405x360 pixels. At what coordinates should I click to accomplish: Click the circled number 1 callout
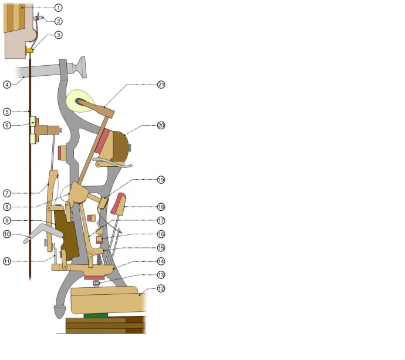point(58,8)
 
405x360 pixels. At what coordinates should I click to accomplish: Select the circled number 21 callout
point(161,85)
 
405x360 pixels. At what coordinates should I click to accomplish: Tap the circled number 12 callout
point(161,288)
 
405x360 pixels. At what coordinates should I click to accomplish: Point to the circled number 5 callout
point(7,112)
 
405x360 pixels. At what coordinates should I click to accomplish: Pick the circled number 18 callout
point(161,207)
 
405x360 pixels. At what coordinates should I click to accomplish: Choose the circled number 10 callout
point(7,234)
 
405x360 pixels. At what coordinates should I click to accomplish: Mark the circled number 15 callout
point(161,248)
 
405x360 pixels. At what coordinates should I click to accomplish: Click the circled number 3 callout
point(58,35)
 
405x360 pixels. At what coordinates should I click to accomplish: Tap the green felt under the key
point(96,315)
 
